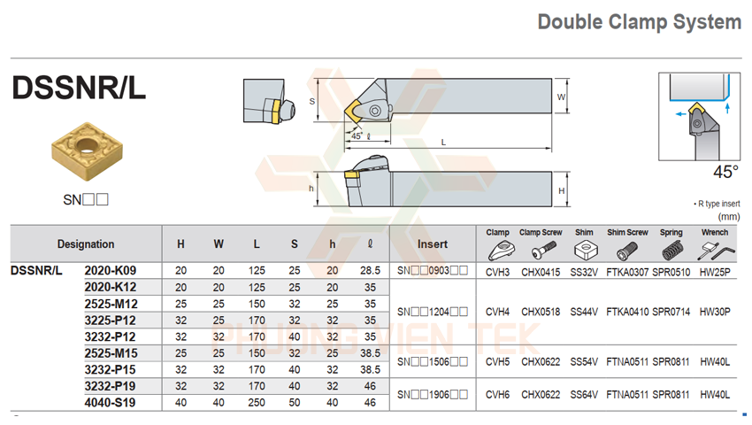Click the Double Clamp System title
(639, 22)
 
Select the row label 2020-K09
(110, 270)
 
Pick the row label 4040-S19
(110, 403)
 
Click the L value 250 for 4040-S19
(257, 403)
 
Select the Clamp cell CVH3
(498, 271)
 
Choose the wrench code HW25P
(715, 271)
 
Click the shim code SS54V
(584, 361)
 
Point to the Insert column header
(432, 244)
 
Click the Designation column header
(86, 244)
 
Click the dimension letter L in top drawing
(443, 142)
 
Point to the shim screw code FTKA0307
(627, 271)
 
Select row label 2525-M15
(110, 353)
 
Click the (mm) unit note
(729, 216)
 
